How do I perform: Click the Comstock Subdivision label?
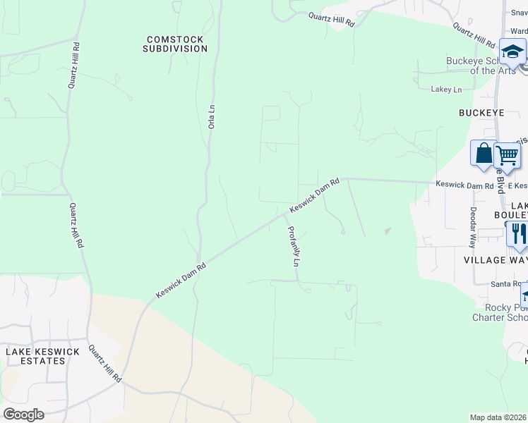175,44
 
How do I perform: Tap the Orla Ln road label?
211,116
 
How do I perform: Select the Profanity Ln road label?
294,246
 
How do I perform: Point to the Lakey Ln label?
446,90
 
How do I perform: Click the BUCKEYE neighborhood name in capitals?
481,112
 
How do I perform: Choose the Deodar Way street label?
473,228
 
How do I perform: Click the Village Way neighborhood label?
495,260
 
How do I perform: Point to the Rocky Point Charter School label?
499,312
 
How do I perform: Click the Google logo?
23,414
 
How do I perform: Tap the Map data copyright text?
498,417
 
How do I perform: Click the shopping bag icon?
484,154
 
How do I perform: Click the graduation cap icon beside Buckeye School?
512,51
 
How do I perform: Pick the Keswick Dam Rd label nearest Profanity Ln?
315,196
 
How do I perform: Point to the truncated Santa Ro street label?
506,283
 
